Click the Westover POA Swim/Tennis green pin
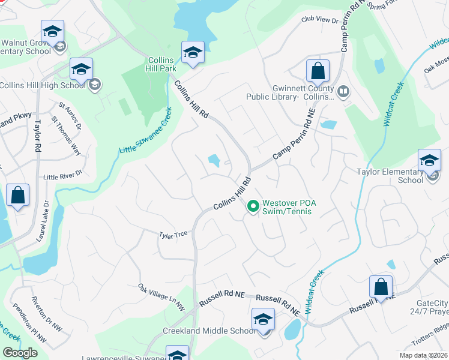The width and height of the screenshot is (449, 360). (x=253, y=206)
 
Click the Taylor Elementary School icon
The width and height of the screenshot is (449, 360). (x=429, y=161)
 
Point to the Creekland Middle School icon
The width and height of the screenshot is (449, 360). (x=263, y=320)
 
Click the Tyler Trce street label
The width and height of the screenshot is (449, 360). (x=173, y=235)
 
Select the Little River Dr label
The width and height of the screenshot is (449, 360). (x=62, y=177)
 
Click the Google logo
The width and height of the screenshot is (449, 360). (x=20, y=353)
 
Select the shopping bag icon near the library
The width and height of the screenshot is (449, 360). (x=318, y=71)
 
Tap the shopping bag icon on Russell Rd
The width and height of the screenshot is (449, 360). (x=381, y=287)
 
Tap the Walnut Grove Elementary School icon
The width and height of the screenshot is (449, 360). (x=52, y=31)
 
